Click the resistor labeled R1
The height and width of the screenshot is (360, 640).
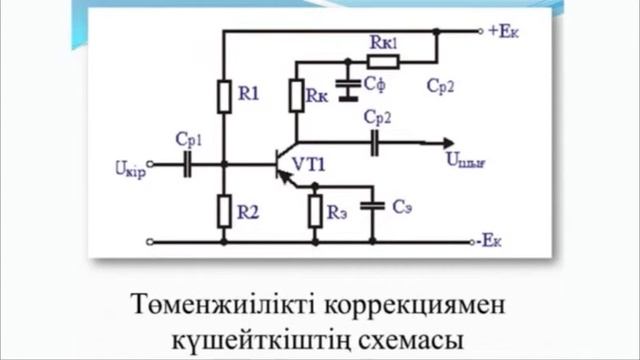point(223,96)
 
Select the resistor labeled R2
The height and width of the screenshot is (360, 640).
point(223,211)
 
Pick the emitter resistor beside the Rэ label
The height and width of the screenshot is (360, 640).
point(315,211)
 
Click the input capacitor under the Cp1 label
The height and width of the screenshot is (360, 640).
point(188,164)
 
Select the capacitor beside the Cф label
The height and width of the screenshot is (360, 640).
point(347,89)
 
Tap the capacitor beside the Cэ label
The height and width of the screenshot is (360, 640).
point(373,207)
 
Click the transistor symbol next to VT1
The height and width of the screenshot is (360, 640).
point(284,164)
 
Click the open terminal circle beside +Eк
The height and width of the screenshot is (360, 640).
point(480,31)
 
